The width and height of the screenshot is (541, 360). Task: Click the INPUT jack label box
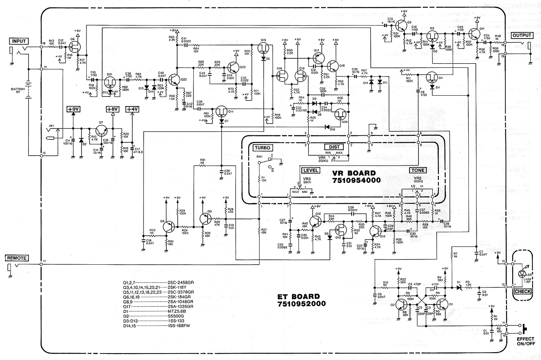(19, 41)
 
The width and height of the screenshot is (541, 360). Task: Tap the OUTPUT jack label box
(521, 35)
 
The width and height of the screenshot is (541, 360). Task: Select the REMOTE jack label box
(16, 258)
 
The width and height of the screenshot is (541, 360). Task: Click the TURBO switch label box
(262, 148)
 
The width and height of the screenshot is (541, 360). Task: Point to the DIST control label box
(334, 147)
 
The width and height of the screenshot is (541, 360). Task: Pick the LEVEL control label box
(311, 170)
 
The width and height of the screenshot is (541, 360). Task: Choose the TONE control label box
(417, 170)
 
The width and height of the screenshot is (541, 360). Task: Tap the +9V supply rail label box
(73, 109)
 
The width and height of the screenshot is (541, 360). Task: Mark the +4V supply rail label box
(132, 109)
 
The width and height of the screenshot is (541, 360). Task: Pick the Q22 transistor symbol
(176, 79)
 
